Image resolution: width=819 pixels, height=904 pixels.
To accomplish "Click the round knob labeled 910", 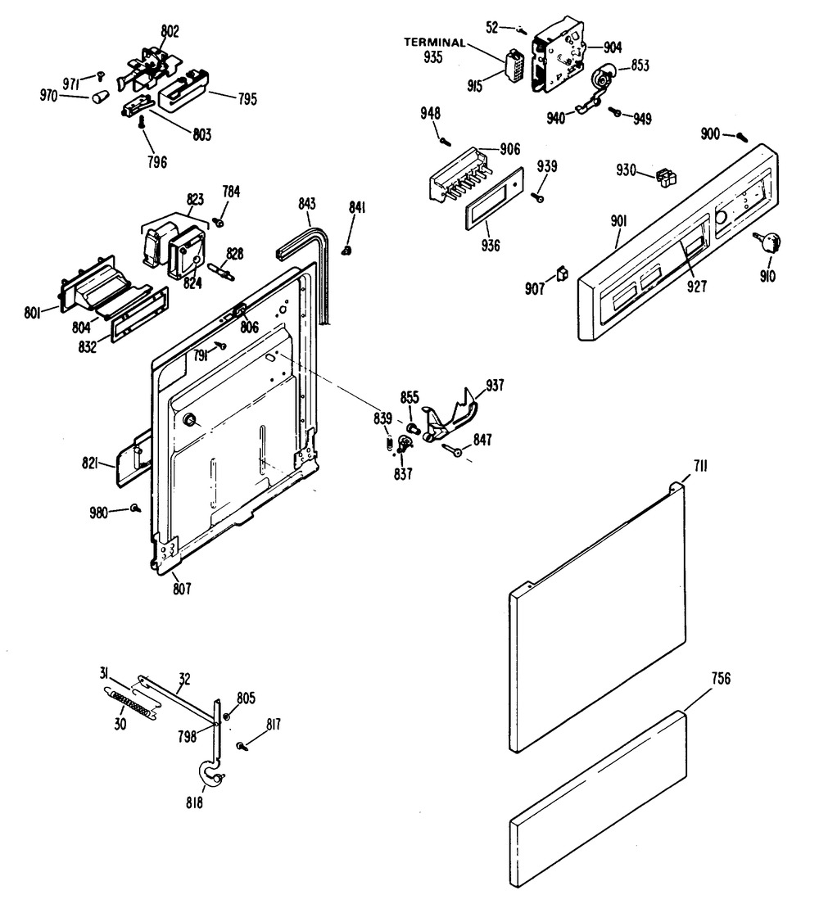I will tap(770, 242).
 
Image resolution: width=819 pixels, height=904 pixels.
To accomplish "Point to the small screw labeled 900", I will tap(741, 137).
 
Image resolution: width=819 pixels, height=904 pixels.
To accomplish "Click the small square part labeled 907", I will tap(562, 273).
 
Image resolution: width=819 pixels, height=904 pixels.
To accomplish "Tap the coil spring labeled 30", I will tap(131, 705).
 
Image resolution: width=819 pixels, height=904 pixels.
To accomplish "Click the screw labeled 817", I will tap(243, 746).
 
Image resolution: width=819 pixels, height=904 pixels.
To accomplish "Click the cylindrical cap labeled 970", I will tap(99, 99).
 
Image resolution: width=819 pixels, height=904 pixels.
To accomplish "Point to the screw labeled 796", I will tap(143, 121).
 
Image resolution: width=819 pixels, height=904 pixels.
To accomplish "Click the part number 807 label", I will tap(182, 588).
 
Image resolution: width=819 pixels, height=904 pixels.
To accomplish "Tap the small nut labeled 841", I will tap(346, 249).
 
